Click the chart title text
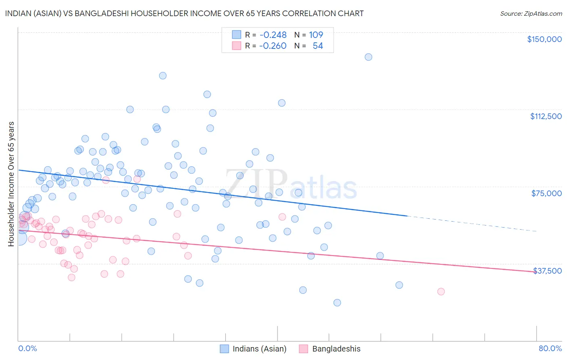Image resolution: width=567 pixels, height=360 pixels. tap(184, 13)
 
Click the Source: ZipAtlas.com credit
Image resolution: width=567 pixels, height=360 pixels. tap(531, 13)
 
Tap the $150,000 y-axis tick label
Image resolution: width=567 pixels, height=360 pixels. tap(544, 39)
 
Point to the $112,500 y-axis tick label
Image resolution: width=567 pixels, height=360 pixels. tap(545, 116)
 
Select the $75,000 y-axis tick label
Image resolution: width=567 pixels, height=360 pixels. tap(546, 193)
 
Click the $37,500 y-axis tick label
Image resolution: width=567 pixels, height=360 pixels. tap(547, 271)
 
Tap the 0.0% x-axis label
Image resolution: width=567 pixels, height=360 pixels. tap(27, 348)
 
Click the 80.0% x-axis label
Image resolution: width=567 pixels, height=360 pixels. tap(550, 348)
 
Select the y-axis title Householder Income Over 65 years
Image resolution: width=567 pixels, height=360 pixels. tap(11, 184)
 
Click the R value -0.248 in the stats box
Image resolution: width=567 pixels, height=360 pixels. tap(273, 35)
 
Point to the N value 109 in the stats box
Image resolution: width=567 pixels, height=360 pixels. tap(316, 35)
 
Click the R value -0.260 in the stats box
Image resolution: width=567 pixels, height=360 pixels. tap(273, 46)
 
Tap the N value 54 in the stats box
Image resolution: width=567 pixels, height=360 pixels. tap(318, 46)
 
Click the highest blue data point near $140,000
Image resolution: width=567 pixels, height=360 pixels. tap(368, 57)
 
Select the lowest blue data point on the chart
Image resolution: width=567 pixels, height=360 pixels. tap(337, 303)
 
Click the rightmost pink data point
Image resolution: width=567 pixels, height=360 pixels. tap(441, 291)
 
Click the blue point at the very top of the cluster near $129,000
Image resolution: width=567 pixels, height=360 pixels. tap(163, 75)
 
